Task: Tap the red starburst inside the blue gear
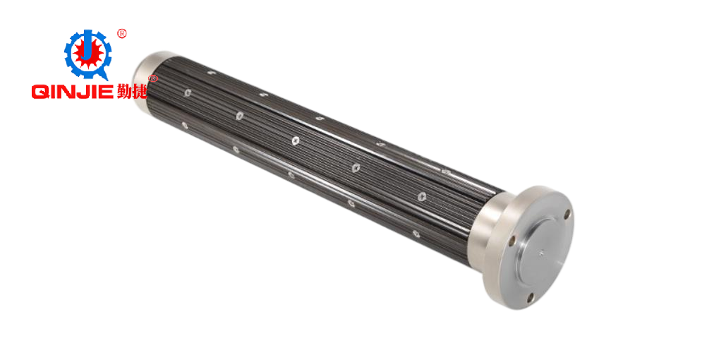click(x=88, y=54)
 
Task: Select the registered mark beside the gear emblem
click(x=121, y=34)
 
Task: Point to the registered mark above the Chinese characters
click(x=152, y=79)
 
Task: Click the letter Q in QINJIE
click(x=40, y=92)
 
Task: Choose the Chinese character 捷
click(x=140, y=91)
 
